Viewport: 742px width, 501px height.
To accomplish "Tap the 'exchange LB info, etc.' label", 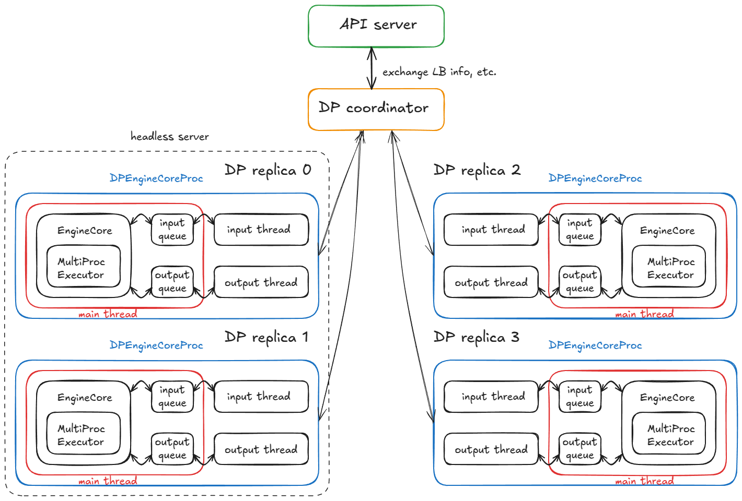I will (439, 72).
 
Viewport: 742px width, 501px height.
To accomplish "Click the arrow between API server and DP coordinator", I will (372, 68).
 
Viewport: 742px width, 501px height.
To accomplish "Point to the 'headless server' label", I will (169, 137).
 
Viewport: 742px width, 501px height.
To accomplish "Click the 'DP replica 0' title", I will (268, 170).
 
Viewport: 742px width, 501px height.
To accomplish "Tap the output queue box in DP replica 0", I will (172, 282).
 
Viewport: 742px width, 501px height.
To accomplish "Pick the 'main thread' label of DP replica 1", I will (108, 481).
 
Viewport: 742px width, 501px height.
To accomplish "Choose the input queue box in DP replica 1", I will (172, 397).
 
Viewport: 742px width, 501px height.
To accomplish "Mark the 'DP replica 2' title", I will (477, 170).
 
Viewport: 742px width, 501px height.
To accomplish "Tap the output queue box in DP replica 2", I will (579, 282).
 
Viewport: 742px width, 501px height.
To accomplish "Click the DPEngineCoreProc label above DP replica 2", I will (595, 178).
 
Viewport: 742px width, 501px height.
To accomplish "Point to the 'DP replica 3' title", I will (476, 337).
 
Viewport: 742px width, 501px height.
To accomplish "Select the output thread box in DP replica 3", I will (491, 449).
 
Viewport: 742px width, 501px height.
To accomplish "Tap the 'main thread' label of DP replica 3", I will (644, 481).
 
